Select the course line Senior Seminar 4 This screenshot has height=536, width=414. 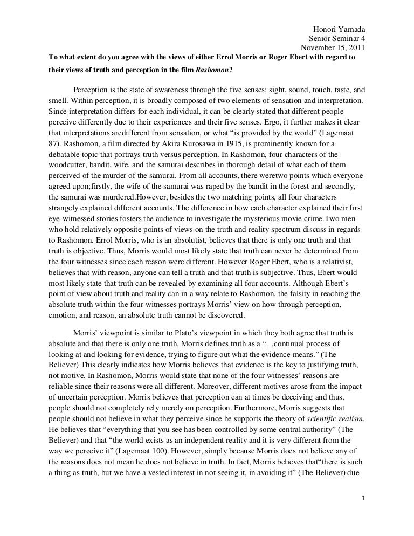click(x=336, y=38)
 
